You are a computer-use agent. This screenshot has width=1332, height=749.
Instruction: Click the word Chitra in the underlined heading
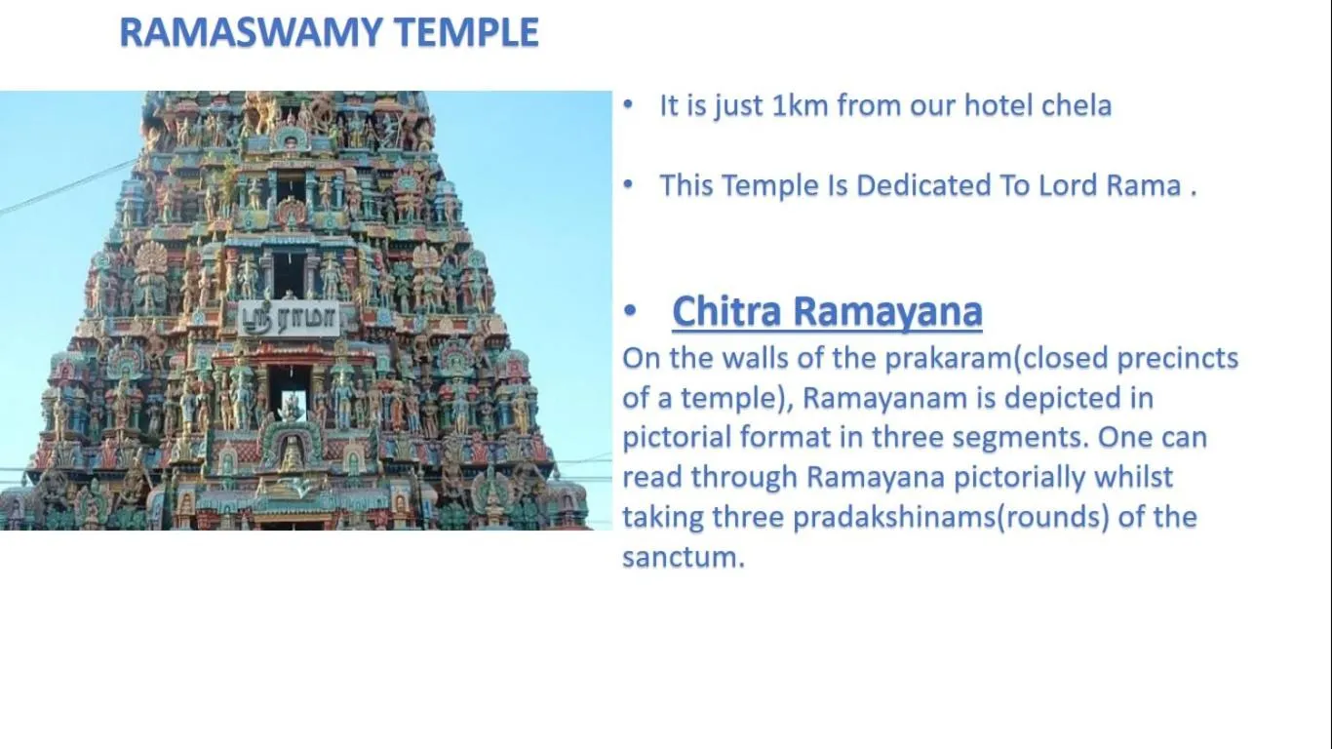coord(726,312)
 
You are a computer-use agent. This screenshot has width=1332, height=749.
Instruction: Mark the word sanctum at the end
coord(682,558)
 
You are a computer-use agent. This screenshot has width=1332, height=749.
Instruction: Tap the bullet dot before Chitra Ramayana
coord(630,312)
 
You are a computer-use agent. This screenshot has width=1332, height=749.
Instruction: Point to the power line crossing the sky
coord(59,191)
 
